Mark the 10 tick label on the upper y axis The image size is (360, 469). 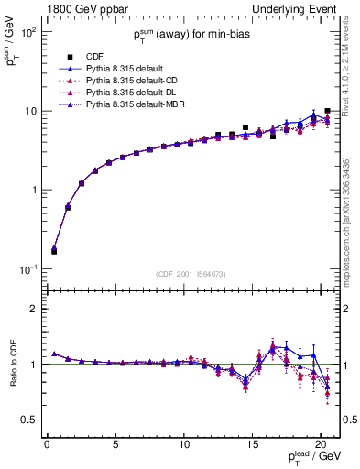pyautogui.click(x=29, y=111)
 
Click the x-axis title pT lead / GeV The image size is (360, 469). pyautogui.click(x=313, y=457)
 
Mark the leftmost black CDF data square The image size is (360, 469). pyautogui.click(x=54, y=250)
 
